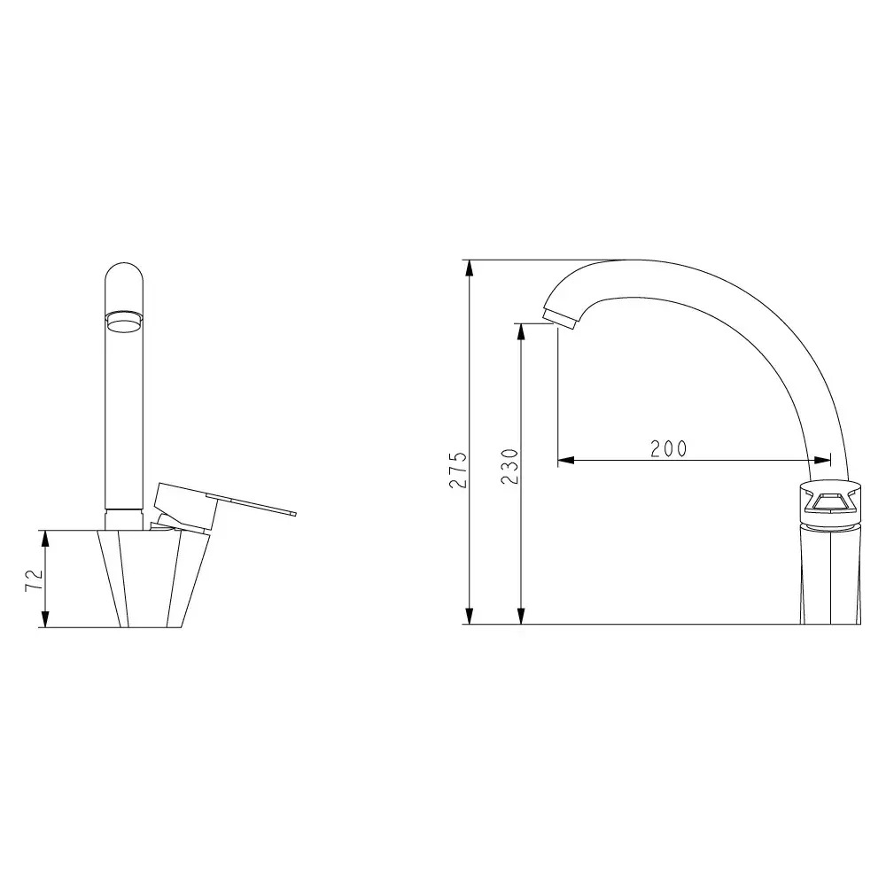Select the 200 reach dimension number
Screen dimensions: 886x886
(668, 448)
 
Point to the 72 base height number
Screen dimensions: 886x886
(34, 579)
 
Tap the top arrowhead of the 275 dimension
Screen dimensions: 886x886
(469, 268)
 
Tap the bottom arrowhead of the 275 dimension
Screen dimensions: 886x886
(469, 616)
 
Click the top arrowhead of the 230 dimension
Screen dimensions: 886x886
(521, 331)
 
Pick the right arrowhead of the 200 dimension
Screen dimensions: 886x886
(823, 460)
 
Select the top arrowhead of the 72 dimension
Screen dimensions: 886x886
(46, 539)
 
